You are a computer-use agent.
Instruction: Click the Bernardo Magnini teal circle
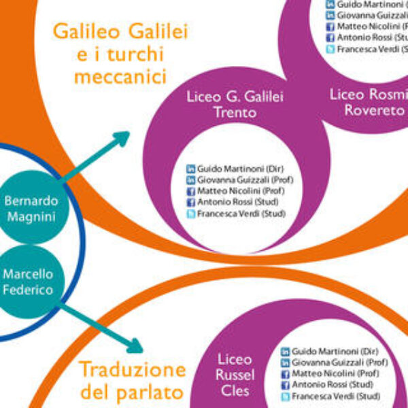point(31,209)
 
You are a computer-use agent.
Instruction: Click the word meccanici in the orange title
point(120,77)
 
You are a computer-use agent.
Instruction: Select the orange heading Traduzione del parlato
point(133,381)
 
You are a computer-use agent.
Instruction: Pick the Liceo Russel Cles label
point(235,374)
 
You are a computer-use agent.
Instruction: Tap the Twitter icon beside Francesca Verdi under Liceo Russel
point(286,396)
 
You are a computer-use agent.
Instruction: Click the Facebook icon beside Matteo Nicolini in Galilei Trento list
point(191,191)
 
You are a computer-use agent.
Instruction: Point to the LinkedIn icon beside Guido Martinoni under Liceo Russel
point(286,352)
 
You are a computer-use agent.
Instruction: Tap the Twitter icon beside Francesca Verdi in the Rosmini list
point(330,49)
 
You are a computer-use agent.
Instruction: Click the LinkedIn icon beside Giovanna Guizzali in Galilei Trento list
point(191,180)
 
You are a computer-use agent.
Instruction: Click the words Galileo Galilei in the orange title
point(120,32)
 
